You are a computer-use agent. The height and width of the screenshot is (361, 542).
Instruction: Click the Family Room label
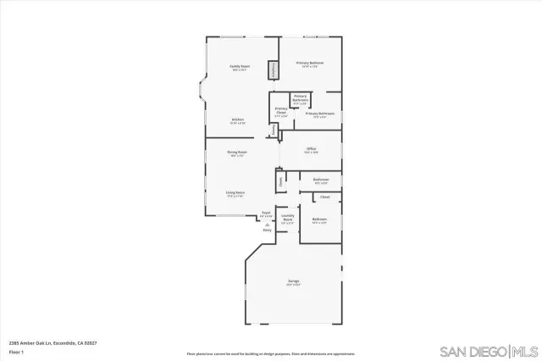click(x=240, y=67)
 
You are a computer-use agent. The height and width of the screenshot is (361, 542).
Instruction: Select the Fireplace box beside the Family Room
click(x=274, y=70)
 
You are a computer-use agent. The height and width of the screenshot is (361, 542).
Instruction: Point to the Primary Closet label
click(x=281, y=112)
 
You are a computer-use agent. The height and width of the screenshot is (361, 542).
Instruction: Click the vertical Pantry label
click(x=274, y=130)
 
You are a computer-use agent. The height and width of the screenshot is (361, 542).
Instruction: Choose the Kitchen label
click(x=238, y=119)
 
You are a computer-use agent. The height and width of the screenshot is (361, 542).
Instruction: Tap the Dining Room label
click(x=236, y=153)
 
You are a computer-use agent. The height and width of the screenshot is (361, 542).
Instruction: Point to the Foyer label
click(x=265, y=214)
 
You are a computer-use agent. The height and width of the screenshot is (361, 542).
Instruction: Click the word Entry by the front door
click(x=267, y=230)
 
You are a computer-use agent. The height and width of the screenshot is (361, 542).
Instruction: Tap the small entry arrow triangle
click(x=267, y=224)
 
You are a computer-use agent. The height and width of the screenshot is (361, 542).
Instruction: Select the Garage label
click(x=293, y=283)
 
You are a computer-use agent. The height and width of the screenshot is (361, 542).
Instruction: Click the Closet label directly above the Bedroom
click(x=324, y=197)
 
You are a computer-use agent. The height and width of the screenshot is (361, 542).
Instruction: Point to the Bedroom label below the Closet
click(x=319, y=219)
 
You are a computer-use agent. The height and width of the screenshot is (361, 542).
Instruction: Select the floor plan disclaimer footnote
click(x=271, y=353)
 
